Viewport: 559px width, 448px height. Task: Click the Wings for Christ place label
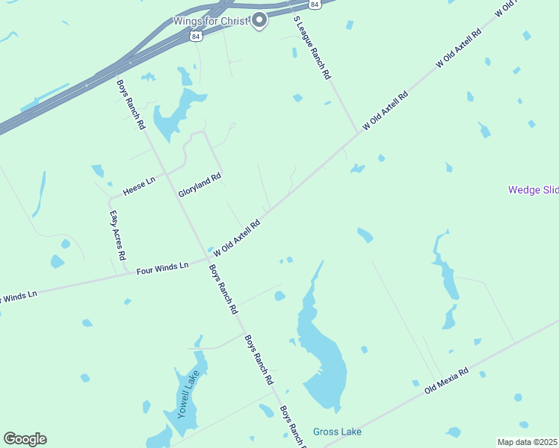pyautogui.click(x=210, y=20)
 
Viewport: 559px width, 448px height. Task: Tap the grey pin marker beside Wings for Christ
pyautogui.click(x=259, y=20)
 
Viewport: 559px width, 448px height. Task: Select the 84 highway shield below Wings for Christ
pyautogui.click(x=195, y=35)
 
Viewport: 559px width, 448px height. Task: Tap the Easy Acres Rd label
pyautogui.click(x=117, y=235)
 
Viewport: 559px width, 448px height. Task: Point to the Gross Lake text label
pyautogui.click(x=337, y=432)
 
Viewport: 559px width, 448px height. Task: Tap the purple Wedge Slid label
pyautogui.click(x=533, y=190)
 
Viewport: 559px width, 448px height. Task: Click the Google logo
pyautogui.click(x=25, y=439)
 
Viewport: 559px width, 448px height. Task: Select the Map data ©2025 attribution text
pyautogui.click(x=528, y=442)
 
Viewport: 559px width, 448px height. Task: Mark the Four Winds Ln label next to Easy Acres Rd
pyautogui.click(x=162, y=267)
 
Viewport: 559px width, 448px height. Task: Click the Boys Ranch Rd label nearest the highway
pyautogui.click(x=131, y=105)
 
